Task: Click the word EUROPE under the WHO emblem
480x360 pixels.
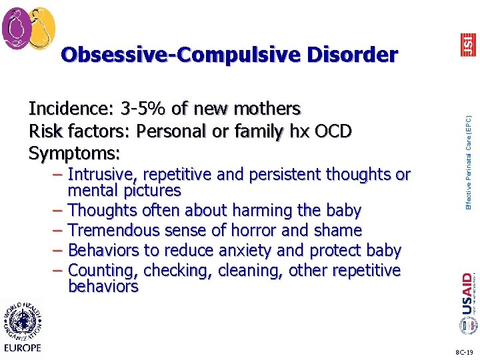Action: [23, 347]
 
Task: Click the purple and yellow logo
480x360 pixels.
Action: [29, 28]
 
